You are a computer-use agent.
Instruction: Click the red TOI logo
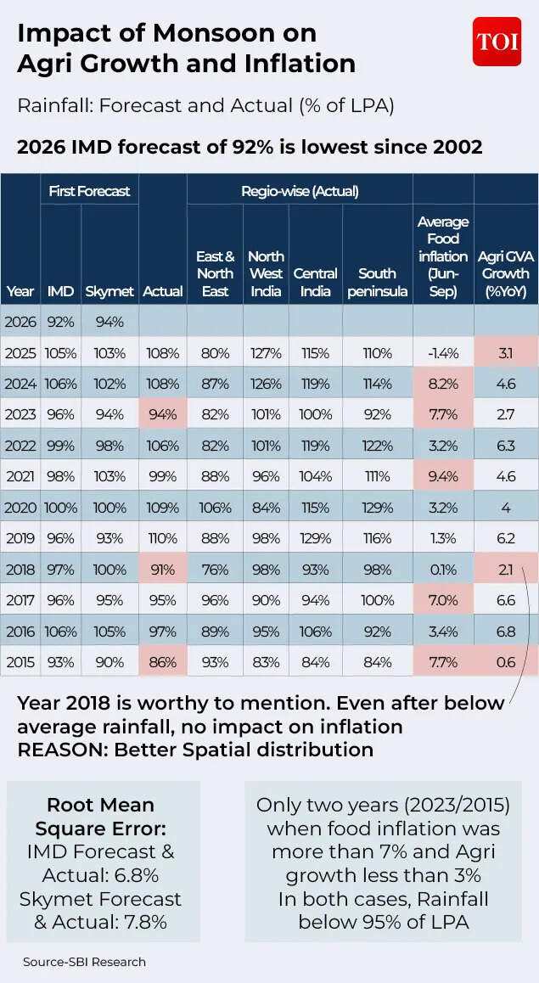coord(497,42)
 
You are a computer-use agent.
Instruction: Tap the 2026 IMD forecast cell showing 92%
coord(60,322)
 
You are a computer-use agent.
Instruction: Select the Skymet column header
coord(109,291)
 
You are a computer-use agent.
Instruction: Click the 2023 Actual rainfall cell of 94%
coord(162,414)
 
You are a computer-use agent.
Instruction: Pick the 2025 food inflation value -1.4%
coord(443,353)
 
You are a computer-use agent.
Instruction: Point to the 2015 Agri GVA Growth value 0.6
coord(506,662)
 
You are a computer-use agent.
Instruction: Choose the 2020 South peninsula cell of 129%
coord(377,508)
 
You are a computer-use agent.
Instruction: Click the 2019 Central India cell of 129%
coord(316,538)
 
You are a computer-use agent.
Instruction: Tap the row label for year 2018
coord(20,570)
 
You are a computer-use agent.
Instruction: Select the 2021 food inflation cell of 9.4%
coord(443,476)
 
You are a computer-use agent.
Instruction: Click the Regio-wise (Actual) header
coord(300,191)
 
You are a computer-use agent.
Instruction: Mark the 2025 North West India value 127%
coord(266,353)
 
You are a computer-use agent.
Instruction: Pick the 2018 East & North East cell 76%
coord(215,570)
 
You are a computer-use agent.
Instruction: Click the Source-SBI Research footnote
coord(84,962)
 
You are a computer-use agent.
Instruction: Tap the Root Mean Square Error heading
coord(100,817)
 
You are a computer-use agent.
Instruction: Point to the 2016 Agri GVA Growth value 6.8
coord(506,632)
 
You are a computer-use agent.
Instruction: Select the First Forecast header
coord(89,191)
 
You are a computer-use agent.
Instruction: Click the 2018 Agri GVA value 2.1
coord(506,570)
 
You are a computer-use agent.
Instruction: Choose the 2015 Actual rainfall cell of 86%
coord(162,662)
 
